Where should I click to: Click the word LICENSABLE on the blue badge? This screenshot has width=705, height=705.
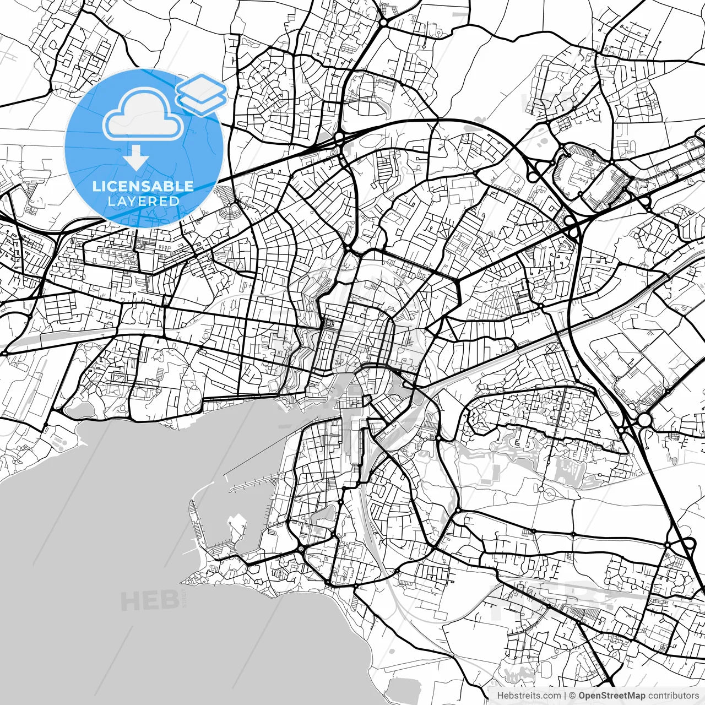143,186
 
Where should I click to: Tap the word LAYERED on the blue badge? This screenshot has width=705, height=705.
143,202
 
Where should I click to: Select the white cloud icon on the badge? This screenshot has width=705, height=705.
143,115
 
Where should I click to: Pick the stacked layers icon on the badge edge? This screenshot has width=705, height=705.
202,94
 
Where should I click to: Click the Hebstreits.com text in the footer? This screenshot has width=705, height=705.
529,696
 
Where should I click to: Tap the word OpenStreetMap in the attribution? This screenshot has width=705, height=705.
611,696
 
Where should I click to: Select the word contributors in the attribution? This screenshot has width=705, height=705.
673,696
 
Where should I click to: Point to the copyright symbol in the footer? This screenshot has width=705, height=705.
572,696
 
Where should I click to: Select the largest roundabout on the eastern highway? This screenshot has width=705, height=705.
643,421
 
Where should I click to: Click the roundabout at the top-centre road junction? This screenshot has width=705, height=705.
382,23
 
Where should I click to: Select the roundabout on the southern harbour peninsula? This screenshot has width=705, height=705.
301,549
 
